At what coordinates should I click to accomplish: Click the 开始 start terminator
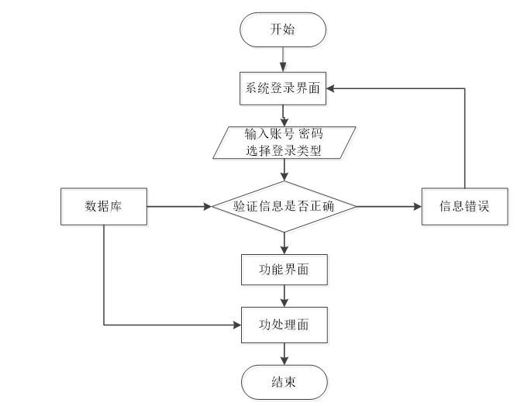click(x=283, y=29)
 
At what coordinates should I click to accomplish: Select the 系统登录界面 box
click(x=283, y=88)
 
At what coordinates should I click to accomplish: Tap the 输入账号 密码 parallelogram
click(x=284, y=143)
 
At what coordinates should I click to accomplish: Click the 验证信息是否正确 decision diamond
click(x=284, y=207)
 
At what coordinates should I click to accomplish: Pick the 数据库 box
click(x=104, y=207)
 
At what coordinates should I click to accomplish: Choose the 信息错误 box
click(x=464, y=207)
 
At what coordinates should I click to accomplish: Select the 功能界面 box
click(x=284, y=270)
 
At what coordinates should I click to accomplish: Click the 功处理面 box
click(x=284, y=325)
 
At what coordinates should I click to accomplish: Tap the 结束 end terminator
click(x=284, y=382)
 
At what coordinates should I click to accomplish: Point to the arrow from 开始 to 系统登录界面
click(x=283, y=60)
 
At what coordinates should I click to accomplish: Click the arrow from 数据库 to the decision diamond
click(x=179, y=207)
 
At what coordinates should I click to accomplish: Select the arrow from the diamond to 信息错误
click(x=389, y=207)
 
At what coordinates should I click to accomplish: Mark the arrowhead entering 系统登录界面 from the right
click(x=330, y=88)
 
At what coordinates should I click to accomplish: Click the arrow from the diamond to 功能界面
click(x=284, y=243)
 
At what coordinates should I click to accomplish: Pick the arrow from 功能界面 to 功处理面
click(x=284, y=296)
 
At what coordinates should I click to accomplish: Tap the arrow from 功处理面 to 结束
click(x=284, y=354)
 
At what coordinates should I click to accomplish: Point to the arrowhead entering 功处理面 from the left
click(x=237, y=325)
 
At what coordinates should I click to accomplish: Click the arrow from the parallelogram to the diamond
click(x=284, y=170)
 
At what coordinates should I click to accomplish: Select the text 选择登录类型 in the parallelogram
click(x=284, y=150)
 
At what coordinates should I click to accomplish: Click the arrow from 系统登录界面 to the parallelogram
click(x=284, y=115)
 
